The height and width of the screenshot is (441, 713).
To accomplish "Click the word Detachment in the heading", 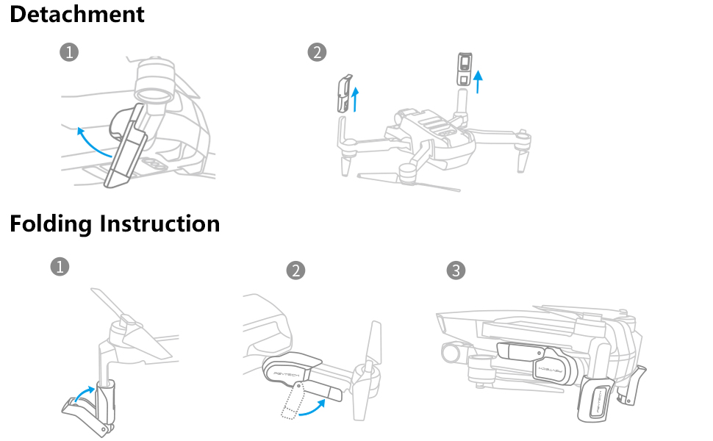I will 77,14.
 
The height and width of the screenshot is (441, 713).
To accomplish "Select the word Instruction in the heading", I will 160,223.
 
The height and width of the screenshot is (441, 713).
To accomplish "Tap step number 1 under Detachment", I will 69,52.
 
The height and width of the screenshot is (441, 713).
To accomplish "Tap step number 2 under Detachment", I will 317,52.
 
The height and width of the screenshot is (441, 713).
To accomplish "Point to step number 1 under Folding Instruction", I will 60,267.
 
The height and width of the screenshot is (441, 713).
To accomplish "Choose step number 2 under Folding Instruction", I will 295,270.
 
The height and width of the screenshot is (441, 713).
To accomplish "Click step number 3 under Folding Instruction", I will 456,270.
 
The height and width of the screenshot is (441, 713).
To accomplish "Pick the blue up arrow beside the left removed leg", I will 356,98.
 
